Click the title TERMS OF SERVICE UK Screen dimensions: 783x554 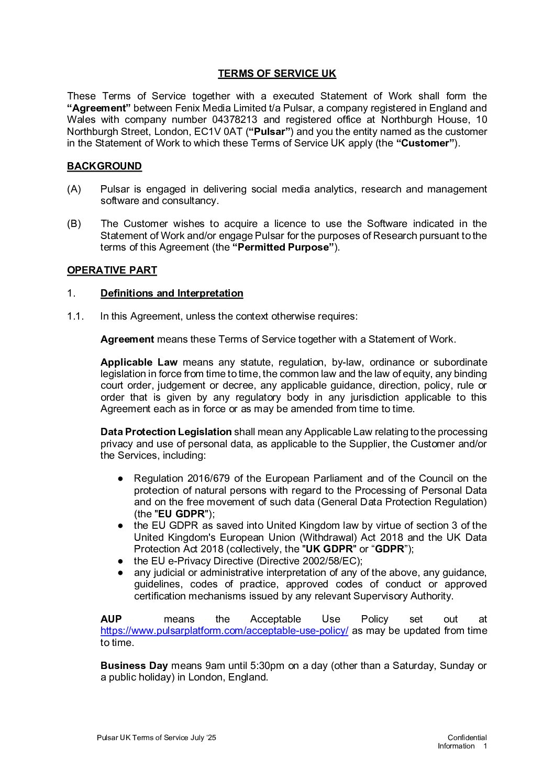[x=277, y=74]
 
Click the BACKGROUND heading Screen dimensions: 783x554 [x=104, y=166]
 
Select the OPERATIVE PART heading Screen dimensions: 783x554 [x=112, y=270]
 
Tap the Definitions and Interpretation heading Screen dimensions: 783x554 [x=172, y=293]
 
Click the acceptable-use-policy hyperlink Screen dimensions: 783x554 [x=224, y=631]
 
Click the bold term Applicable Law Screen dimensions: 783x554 [x=139, y=362]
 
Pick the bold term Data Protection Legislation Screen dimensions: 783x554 [x=166, y=432]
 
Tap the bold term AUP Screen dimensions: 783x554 [x=111, y=619]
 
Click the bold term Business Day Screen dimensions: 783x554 [x=134, y=666]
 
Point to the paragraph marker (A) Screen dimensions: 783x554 [x=74, y=189]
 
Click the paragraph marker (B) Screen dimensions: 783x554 [x=74, y=224]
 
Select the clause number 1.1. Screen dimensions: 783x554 [x=75, y=316]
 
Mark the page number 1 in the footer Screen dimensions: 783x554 [x=485, y=746]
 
